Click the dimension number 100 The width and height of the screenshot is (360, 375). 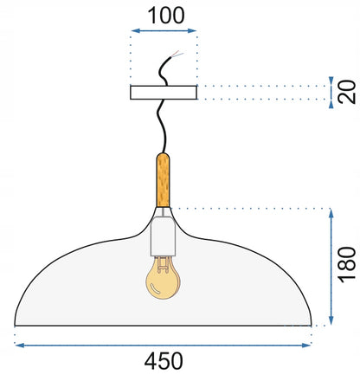pyautogui.click(x=166, y=16)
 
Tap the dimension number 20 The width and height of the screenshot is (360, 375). pyautogui.click(x=347, y=92)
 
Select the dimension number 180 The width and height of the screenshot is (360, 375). pyautogui.click(x=347, y=265)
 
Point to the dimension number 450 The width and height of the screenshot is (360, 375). pyautogui.click(x=164, y=361)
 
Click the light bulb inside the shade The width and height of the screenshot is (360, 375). pyautogui.click(x=163, y=278)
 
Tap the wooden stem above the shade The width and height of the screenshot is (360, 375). pyautogui.click(x=163, y=180)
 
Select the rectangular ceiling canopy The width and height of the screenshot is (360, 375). pyautogui.click(x=164, y=93)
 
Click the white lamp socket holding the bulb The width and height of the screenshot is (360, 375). pyautogui.click(x=163, y=236)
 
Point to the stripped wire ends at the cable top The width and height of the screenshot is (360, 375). pyautogui.click(x=177, y=54)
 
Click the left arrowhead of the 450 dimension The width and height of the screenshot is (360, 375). pyautogui.click(x=19, y=345)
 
